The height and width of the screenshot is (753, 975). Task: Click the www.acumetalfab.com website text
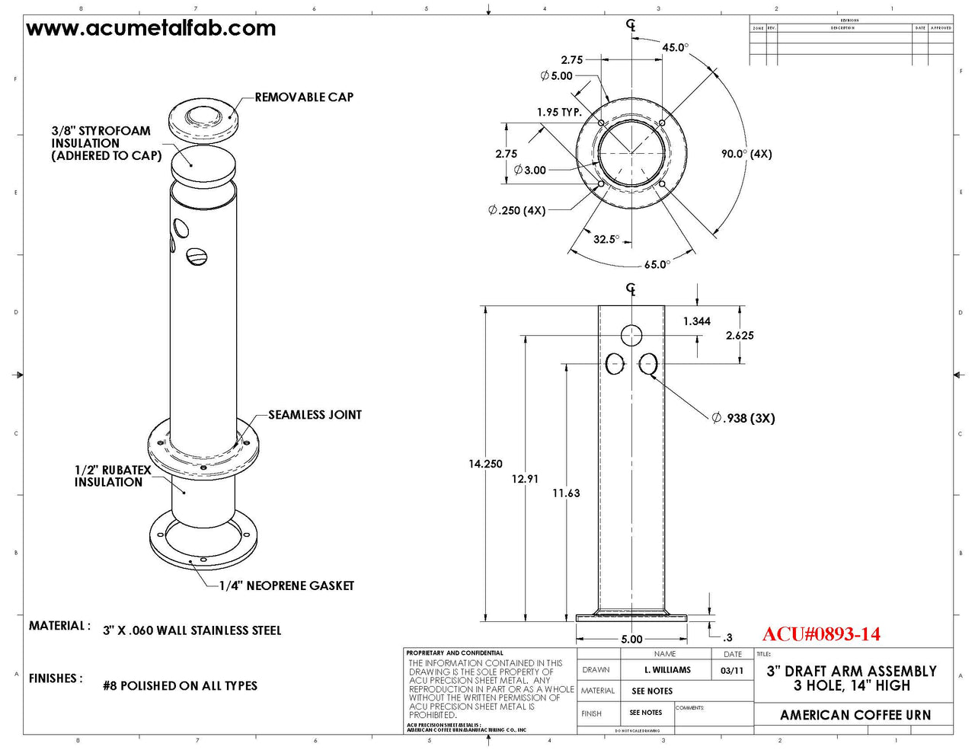151,29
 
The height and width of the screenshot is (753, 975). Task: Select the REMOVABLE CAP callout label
304,97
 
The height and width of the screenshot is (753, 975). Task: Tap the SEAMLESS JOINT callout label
315,415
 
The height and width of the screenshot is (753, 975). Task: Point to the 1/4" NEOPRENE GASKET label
286,585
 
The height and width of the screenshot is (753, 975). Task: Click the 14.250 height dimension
485,464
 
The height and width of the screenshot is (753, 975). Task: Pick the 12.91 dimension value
525,479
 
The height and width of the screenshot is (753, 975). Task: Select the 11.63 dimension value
566,493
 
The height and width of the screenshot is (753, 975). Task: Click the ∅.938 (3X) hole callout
743,418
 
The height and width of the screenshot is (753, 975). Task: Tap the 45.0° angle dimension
675,47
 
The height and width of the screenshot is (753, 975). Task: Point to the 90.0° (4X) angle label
746,154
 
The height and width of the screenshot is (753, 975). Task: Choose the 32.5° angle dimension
606,239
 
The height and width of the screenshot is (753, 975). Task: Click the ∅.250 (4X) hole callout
516,210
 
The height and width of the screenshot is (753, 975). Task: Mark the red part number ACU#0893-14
821,634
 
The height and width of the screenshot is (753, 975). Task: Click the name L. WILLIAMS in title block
667,670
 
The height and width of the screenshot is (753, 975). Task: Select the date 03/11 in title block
732,671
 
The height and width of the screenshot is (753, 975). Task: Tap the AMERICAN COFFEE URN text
855,715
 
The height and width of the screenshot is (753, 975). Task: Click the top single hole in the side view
631,335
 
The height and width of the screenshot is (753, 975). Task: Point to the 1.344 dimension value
696,321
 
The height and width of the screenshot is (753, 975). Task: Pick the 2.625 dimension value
740,335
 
